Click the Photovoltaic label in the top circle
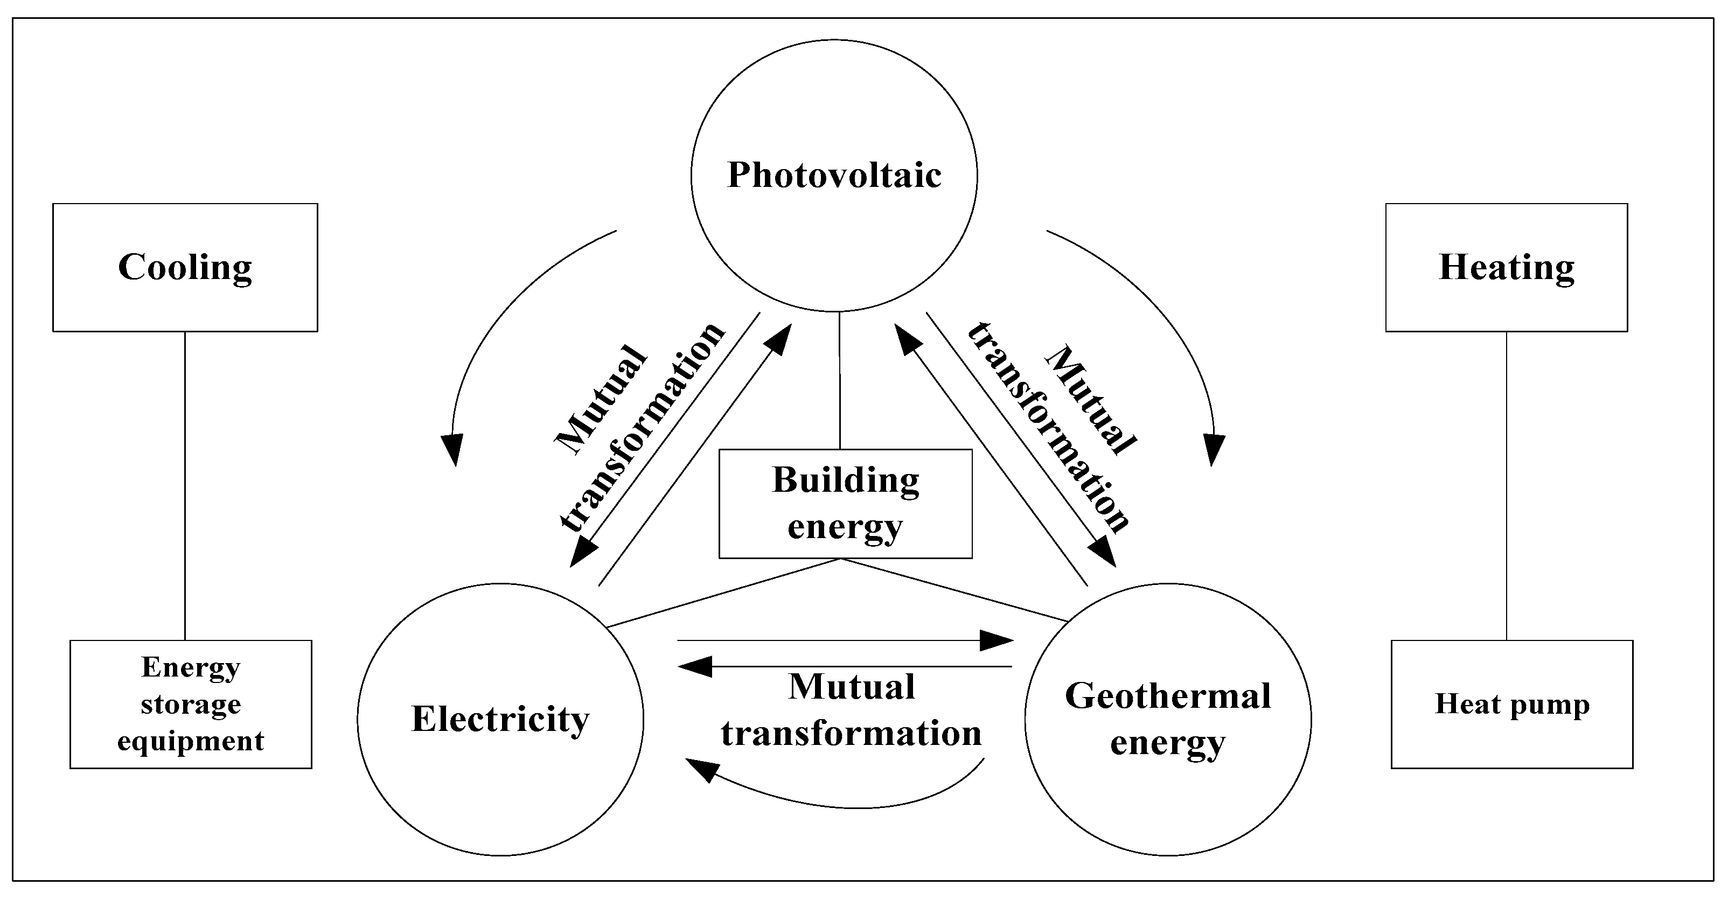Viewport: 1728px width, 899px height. coord(834,175)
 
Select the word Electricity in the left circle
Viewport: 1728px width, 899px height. coord(500,719)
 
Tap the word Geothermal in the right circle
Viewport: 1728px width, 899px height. coord(1167,696)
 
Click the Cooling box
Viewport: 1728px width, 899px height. coord(185,267)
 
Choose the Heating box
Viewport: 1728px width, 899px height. coord(1506,267)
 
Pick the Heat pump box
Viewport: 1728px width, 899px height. coord(1511,704)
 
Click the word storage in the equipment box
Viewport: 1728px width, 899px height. coord(191,705)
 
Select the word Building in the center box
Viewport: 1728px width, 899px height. coord(845,480)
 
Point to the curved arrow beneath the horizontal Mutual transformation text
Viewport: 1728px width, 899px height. coord(852,806)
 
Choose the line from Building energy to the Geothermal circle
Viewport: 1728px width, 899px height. coord(956,590)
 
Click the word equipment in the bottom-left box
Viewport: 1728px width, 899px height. coord(191,741)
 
